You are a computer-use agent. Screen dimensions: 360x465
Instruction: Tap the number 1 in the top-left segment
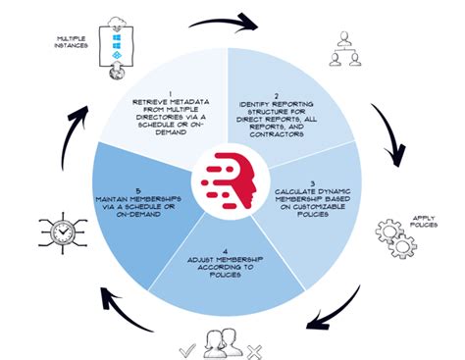pos(170,91)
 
